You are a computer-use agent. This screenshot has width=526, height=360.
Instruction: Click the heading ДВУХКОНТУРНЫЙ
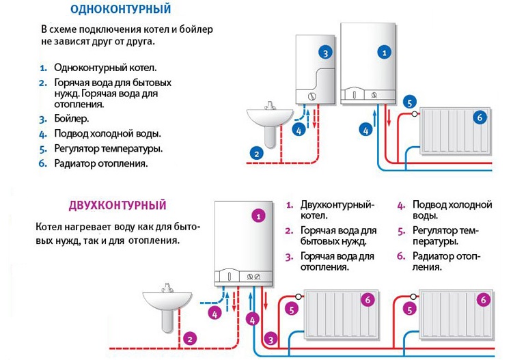click(x=117, y=205)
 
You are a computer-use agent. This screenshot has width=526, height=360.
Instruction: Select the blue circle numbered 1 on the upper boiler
click(x=385, y=52)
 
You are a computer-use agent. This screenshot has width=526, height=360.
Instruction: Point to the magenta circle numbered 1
click(x=258, y=216)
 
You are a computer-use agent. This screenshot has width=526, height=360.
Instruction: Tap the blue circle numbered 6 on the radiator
click(x=479, y=117)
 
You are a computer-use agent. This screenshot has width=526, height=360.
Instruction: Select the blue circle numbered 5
click(x=409, y=102)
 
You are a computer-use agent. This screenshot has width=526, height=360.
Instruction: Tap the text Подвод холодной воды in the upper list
click(x=107, y=133)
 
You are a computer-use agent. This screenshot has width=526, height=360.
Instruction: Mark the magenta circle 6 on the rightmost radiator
click(x=484, y=299)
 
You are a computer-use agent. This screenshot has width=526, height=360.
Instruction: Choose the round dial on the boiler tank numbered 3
click(x=312, y=96)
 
